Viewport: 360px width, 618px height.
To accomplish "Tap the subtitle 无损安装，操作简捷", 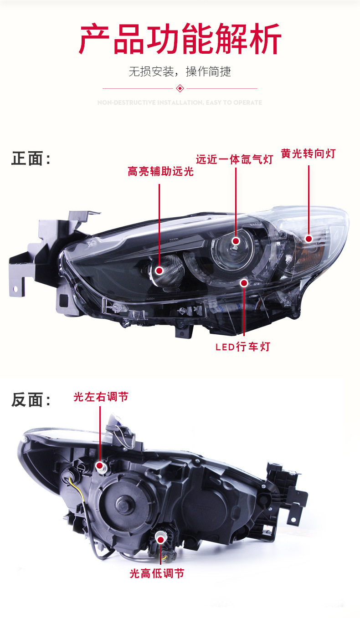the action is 180,72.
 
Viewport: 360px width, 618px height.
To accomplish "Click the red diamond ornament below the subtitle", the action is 180,88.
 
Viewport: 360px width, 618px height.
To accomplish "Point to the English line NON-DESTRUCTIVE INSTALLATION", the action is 180,103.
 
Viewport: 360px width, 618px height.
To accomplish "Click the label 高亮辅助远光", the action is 160,172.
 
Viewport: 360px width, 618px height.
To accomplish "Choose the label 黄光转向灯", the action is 308,154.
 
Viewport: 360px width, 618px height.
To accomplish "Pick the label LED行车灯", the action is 243,347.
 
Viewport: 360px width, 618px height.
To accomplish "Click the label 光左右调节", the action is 101,397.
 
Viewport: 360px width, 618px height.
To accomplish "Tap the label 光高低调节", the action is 157,573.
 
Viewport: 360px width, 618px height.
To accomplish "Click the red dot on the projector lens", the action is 236,241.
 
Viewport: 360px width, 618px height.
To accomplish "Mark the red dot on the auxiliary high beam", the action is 159,271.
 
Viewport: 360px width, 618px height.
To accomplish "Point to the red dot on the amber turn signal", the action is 309,239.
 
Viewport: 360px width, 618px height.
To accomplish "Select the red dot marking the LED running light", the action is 244,283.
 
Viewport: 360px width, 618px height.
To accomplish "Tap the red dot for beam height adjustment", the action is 160,539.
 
